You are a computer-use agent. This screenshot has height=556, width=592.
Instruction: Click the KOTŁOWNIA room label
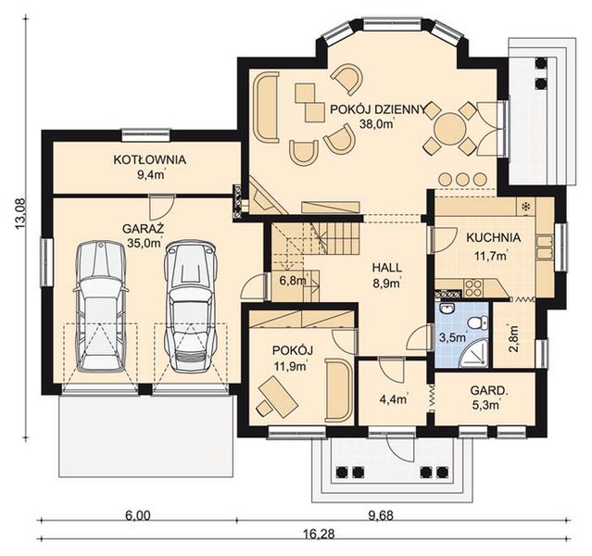(149, 159)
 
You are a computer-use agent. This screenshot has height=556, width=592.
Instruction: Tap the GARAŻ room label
(144, 227)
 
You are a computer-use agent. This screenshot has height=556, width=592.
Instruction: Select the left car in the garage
(100, 306)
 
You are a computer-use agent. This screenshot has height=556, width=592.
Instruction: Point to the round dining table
(450, 127)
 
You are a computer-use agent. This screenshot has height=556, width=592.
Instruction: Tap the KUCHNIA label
(493, 236)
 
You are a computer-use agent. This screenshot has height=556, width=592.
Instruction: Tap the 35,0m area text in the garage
(144, 245)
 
